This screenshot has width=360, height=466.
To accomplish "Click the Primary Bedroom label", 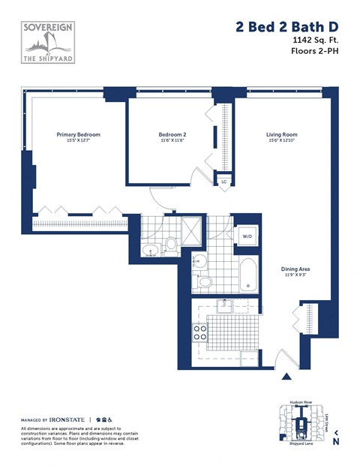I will [78, 134].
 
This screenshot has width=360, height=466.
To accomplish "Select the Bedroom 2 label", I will [172, 134].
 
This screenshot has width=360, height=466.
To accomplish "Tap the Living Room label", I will [281, 134].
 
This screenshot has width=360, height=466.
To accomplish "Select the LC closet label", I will [223, 182].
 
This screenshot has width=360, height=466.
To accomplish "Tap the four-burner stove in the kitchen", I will [200, 332].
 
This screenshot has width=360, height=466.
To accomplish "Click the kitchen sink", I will [223, 305].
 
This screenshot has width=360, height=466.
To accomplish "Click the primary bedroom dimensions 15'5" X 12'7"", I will [78, 141].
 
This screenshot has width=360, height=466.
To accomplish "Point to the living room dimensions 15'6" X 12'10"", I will [281, 141].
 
